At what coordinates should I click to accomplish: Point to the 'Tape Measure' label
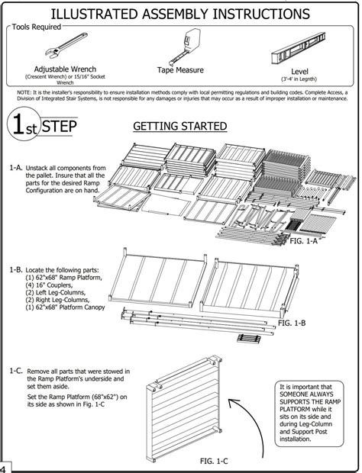181,69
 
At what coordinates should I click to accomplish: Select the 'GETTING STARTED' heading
179,125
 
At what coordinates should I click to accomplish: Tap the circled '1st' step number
21,127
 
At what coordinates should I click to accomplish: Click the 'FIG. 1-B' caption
293,323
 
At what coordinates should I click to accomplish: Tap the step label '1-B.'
15,270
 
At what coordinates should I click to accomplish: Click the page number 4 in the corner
4,467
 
